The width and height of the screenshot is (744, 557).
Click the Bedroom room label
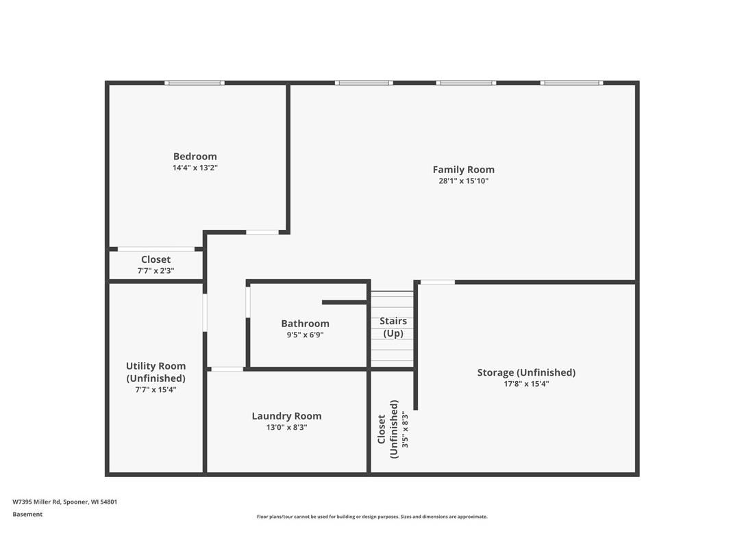point(195,156)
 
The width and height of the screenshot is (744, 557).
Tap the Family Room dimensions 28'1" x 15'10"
point(463,181)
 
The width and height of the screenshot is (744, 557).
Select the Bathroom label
point(305,323)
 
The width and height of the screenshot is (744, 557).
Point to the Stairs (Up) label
point(393,327)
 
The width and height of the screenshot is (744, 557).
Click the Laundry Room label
point(286,415)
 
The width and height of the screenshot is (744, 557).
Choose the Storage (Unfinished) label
point(526,372)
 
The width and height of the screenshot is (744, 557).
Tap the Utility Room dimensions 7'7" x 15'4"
point(156,389)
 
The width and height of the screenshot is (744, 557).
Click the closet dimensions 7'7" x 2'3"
point(156,271)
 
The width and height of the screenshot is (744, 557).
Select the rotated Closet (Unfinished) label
point(388,429)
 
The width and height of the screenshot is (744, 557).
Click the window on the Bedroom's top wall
point(195,83)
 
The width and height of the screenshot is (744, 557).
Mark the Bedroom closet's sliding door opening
point(156,249)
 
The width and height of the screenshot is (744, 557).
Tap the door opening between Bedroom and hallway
point(262,233)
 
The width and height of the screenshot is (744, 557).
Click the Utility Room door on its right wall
point(205,312)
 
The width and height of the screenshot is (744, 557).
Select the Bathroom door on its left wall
point(248,302)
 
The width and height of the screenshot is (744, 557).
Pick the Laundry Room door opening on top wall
point(227,370)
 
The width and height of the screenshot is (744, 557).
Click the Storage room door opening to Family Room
point(437,282)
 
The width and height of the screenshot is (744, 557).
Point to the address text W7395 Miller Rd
point(64,502)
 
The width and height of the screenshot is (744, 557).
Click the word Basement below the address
point(27,514)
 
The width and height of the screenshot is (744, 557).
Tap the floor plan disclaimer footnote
point(372,517)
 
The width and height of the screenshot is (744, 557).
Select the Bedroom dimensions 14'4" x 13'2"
point(195,168)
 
